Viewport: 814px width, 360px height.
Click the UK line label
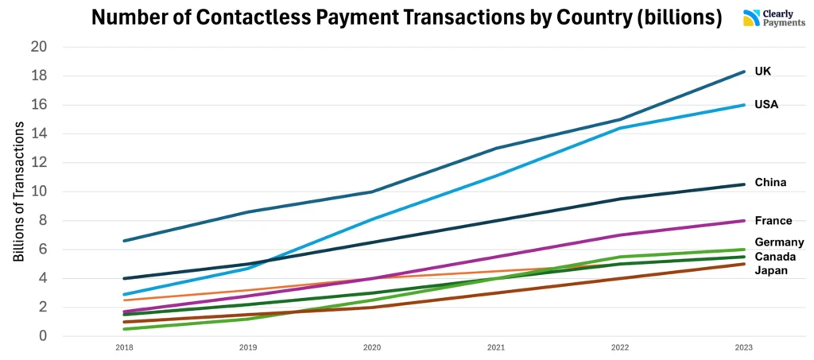pos(762,72)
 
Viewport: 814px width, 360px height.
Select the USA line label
pos(766,105)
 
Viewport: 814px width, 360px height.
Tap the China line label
pos(770,183)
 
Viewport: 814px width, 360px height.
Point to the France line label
pos(773,221)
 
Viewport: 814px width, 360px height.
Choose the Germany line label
pos(779,242)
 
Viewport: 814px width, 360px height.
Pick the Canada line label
pos(775,257)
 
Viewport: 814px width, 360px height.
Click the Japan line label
pos(770,271)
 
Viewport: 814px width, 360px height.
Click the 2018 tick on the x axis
pos(124,348)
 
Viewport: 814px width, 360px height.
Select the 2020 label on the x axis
pos(372,348)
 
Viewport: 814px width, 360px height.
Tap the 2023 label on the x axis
pos(744,348)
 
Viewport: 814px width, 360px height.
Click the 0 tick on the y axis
pos(43,336)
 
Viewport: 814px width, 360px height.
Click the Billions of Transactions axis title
pos(18,192)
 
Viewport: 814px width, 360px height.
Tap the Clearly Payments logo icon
pos(751,18)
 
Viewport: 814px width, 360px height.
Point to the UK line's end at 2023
pos(744,72)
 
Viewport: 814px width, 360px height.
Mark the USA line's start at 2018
pos(124,295)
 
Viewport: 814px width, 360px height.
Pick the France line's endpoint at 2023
pos(744,221)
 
